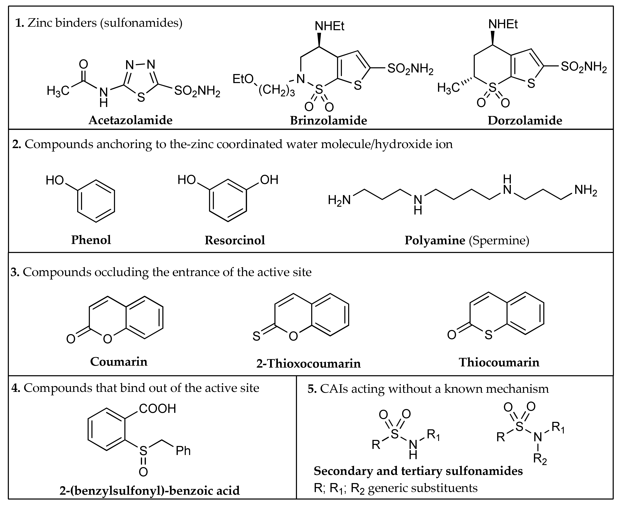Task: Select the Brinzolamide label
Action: [328, 120]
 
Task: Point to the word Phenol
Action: [91, 240]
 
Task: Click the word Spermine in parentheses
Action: [499, 240]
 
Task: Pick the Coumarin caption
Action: [119, 362]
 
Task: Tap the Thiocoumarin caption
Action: [499, 362]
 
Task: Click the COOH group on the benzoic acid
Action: [158, 409]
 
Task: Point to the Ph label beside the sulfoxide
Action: [183, 451]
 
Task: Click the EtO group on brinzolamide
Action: [243, 79]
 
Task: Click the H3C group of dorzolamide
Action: [448, 88]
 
